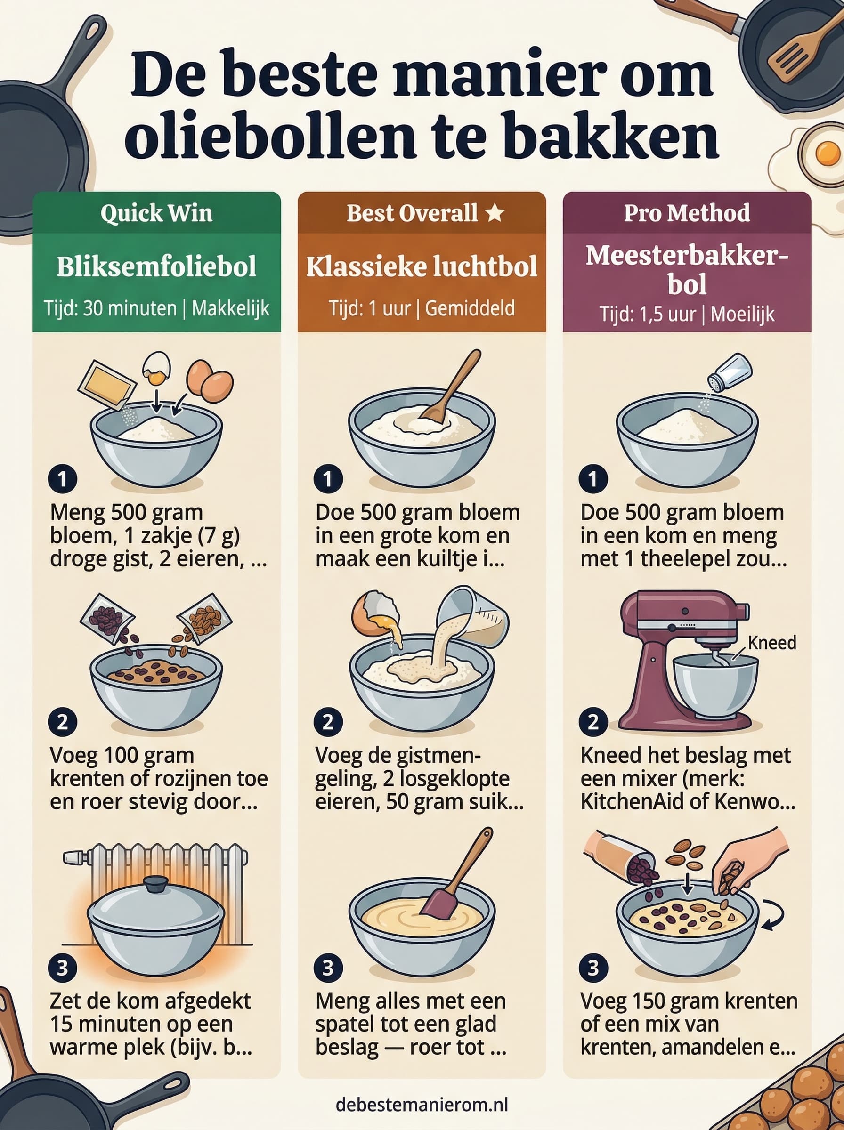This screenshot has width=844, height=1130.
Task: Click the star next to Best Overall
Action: (x=495, y=213)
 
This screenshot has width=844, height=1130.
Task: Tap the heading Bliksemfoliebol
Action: (x=156, y=266)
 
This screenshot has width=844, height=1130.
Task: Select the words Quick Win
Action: (x=156, y=213)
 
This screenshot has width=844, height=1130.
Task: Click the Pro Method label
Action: (x=687, y=213)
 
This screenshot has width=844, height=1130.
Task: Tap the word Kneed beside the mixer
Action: (x=771, y=643)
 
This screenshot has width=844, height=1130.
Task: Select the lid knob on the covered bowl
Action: (x=156, y=883)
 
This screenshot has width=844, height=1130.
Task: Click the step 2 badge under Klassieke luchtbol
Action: (x=327, y=722)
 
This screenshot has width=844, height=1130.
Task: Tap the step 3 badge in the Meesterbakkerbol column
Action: (x=592, y=968)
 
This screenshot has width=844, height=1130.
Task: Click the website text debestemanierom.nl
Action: (x=422, y=1105)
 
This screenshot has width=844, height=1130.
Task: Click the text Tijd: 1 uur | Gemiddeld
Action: (x=422, y=308)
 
